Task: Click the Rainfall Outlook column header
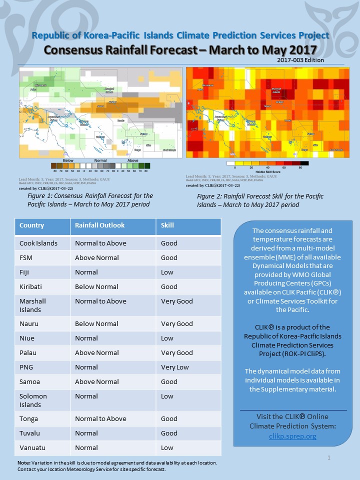click(99, 225)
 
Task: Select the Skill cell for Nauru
click(176, 323)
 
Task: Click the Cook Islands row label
click(38, 243)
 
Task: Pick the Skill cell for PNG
click(175, 367)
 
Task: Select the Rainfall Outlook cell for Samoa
click(96, 381)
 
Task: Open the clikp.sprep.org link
click(292, 436)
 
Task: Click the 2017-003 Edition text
click(299, 60)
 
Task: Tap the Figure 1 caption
click(90, 200)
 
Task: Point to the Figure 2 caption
click(260, 200)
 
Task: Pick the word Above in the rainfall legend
click(133, 160)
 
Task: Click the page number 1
click(329, 457)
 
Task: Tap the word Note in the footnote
click(23, 463)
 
